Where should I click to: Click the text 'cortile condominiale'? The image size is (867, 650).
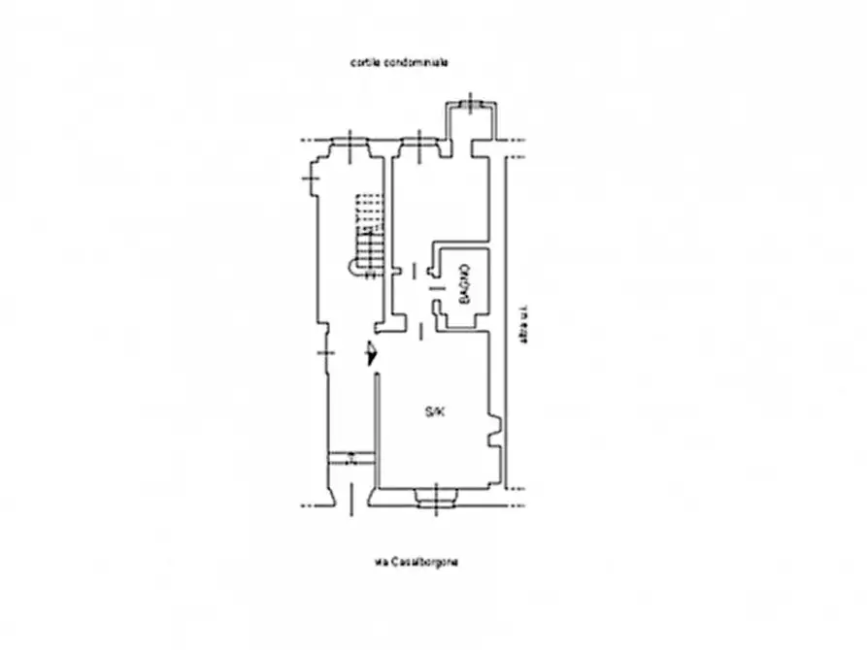pyautogui.click(x=399, y=62)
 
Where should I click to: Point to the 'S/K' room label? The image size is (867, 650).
pyautogui.click(x=434, y=413)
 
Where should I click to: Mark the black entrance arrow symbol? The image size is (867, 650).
pyautogui.click(x=370, y=355)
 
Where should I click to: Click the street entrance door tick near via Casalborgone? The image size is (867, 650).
pyautogui.click(x=351, y=501)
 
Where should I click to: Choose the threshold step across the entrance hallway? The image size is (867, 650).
pyautogui.click(x=350, y=458)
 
